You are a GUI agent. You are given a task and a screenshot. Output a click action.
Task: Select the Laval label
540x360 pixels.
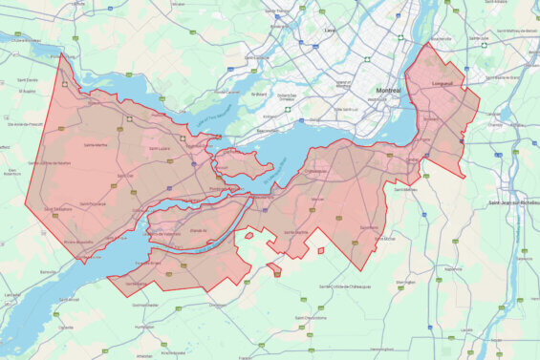(x=331, y=30)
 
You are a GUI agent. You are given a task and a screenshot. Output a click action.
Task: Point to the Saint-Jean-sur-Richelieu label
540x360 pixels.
(x=513, y=202)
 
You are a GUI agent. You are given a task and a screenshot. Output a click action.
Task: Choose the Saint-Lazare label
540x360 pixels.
(x=160, y=148)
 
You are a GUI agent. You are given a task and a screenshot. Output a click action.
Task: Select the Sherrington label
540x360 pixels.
(x=405, y=283)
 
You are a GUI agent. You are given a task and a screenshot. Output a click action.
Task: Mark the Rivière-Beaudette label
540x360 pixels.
(x=78, y=243)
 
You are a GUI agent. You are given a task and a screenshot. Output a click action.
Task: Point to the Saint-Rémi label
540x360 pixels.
(x=369, y=227)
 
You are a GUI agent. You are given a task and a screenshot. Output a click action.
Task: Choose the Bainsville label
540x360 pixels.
(x=48, y=272)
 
